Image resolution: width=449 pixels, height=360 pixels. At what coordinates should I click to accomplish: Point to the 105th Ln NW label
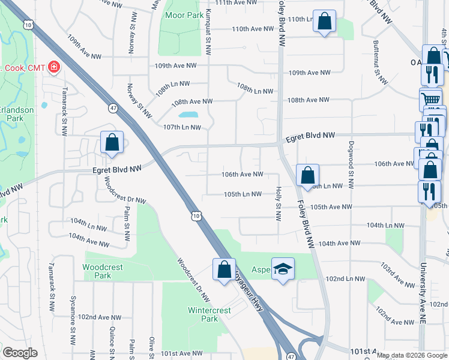point(243,194)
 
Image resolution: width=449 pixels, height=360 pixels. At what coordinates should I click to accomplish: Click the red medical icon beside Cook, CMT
point(55,66)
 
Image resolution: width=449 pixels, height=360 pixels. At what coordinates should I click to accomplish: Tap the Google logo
point(20,353)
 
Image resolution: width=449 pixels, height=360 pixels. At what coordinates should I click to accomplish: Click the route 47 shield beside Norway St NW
point(113,108)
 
